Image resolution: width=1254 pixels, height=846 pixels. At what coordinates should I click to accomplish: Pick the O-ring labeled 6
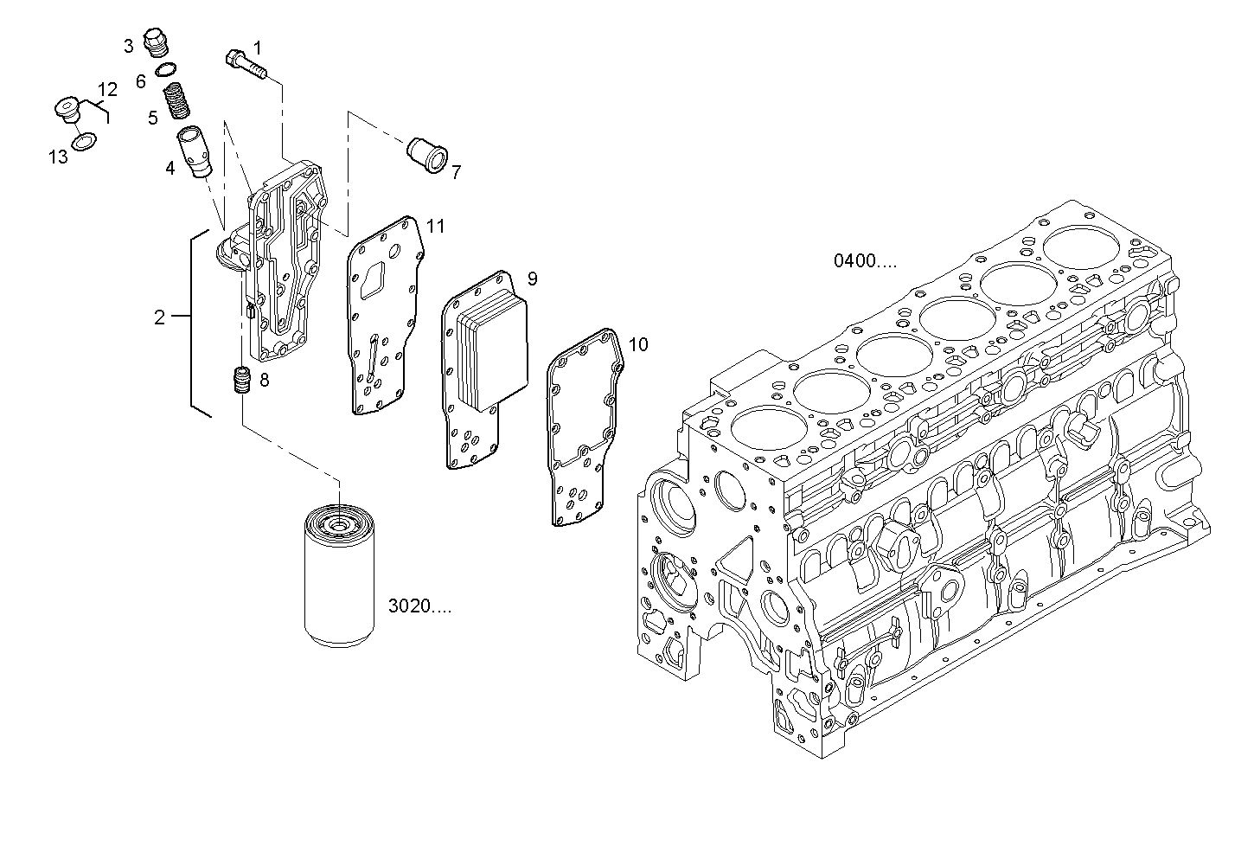point(167,70)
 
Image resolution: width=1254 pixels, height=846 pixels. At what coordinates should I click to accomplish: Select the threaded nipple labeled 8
point(241,381)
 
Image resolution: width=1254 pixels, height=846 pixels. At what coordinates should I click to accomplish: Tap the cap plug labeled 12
point(67,110)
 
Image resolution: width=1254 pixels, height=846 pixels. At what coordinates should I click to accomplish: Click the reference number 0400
point(865,260)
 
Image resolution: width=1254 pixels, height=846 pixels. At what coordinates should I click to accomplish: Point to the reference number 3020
point(419,606)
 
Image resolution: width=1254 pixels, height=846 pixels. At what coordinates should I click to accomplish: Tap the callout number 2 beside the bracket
point(159,317)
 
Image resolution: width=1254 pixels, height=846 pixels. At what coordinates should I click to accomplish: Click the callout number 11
point(435,227)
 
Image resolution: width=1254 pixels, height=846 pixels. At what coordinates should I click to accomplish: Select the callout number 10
point(637,345)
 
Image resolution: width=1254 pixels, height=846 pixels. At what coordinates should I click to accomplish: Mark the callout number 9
point(532,279)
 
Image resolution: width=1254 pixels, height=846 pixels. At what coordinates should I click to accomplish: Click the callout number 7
point(456,172)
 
